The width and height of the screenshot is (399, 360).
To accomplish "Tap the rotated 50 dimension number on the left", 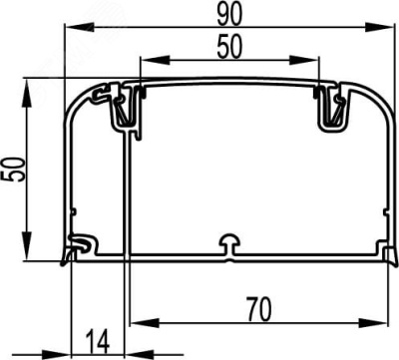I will coord(14,171).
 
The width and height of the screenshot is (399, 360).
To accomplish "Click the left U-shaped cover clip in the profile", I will coord(124,110).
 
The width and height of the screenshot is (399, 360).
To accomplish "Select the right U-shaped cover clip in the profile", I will coord(331,110).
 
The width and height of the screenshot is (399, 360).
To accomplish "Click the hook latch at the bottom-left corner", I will coord(78,245).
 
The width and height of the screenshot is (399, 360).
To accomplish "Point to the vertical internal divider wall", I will coord(126,189).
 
